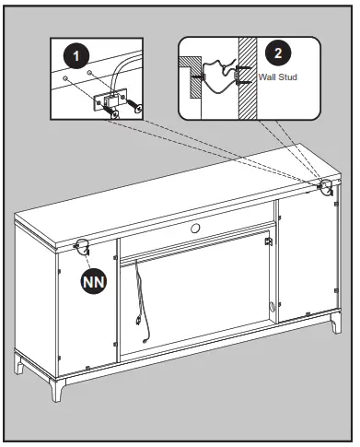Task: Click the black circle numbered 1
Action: tap(76, 56)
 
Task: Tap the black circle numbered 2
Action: tap(278, 53)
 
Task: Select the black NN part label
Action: tap(94, 282)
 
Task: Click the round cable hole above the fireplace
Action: tap(195, 228)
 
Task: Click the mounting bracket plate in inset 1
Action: tap(110, 99)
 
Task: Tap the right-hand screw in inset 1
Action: tap(134, 105)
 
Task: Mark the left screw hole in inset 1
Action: tap(64, 78)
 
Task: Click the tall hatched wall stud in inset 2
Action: tap(248, 78)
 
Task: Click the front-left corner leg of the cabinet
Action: tap(57, 390)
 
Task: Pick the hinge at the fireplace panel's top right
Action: tap(268, 241)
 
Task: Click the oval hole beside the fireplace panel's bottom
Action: tap(272, 307)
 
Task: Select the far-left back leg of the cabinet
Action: tap(19, 363)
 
